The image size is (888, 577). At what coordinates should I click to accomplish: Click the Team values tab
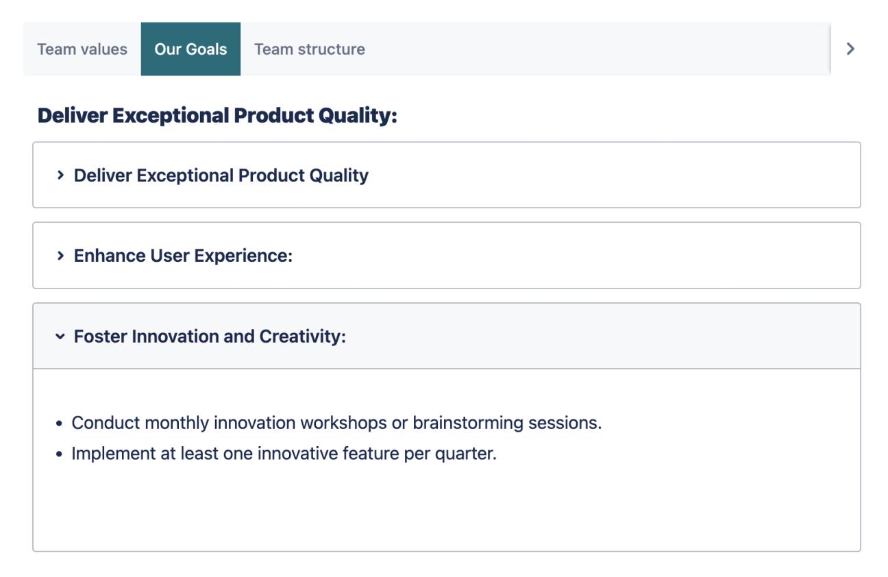click(x=82, y=49)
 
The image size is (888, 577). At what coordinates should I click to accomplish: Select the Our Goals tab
click(x=190, y=49)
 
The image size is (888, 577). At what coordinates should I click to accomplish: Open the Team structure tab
click(x=309, y=49)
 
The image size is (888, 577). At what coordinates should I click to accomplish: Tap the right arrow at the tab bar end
click(x=850, y=49)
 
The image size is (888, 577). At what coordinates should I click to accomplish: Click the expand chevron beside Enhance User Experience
click(x=61, y=256)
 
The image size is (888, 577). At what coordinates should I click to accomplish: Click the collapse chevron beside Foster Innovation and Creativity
click(x=61, y=337)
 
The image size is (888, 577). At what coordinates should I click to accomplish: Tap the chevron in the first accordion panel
click(x=61, y=175)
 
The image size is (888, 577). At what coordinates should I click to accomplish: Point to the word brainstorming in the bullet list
click(x=467, y=423)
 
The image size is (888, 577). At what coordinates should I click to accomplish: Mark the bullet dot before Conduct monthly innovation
click(x=60, y=423)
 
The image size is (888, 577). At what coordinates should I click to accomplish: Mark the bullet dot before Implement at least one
click(x=60, y=454)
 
